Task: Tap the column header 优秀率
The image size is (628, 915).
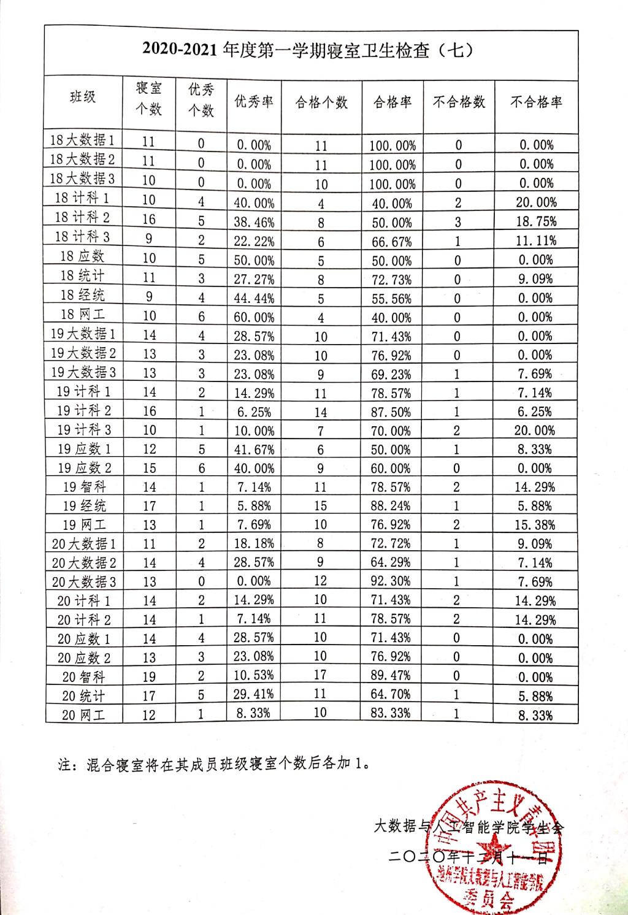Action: click(x=254, y=102)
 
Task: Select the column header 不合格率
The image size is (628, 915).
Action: click(x=536, y=102)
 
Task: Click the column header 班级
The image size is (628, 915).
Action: click(x=83, y=96)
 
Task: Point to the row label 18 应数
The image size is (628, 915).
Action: click(x=82, y=256)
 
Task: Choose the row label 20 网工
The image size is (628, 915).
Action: click(x=83, y=714)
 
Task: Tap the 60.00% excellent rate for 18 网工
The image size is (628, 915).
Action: click(x=254, y=317)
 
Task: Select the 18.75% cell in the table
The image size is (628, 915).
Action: click(x=536, y=221)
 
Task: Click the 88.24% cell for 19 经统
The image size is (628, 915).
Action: click(x=391, y=506)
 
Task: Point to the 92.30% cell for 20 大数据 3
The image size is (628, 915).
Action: click(x=391, y=581)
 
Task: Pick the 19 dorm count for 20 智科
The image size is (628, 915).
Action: click(x=149, y=676)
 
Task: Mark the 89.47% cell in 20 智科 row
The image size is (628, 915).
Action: click(x=391, y=676)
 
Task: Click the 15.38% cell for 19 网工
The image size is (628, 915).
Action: click(x=535, y=525)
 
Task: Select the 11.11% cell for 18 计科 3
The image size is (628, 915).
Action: click(x=536, y=240)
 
